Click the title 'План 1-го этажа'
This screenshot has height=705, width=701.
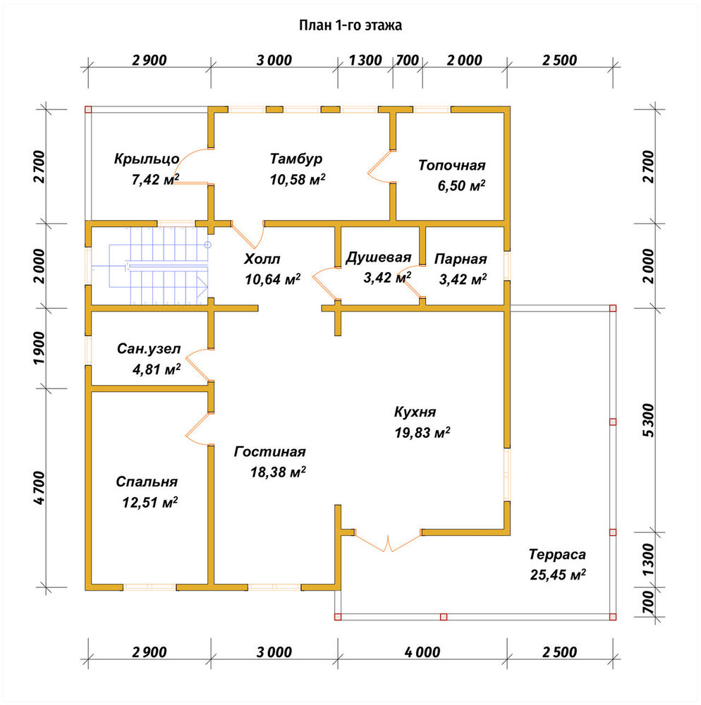(350, 25)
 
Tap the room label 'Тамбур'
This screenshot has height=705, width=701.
(296, 159)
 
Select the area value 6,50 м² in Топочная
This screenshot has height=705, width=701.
(461, 185)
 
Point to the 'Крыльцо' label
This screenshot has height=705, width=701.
(147, 159)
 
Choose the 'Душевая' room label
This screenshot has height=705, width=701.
(378, 257)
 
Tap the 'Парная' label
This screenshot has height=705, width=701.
(461, 259)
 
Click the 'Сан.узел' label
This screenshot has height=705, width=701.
(149, 349)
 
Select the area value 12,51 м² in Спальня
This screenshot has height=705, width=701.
(150, 502)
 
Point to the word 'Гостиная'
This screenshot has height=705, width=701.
(270, 451)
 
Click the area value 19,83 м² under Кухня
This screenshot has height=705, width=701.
(422, 433)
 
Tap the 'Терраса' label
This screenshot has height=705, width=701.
(557, 554)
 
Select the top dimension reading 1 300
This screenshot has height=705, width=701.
(365, 60)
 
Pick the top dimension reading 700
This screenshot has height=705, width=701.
(408, 60)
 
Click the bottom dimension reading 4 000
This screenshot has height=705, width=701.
(422, 652)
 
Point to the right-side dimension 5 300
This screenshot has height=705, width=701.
(648, 420)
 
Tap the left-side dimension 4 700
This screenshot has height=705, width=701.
(39, 488)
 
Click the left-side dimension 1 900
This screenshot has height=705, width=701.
(39, 348)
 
